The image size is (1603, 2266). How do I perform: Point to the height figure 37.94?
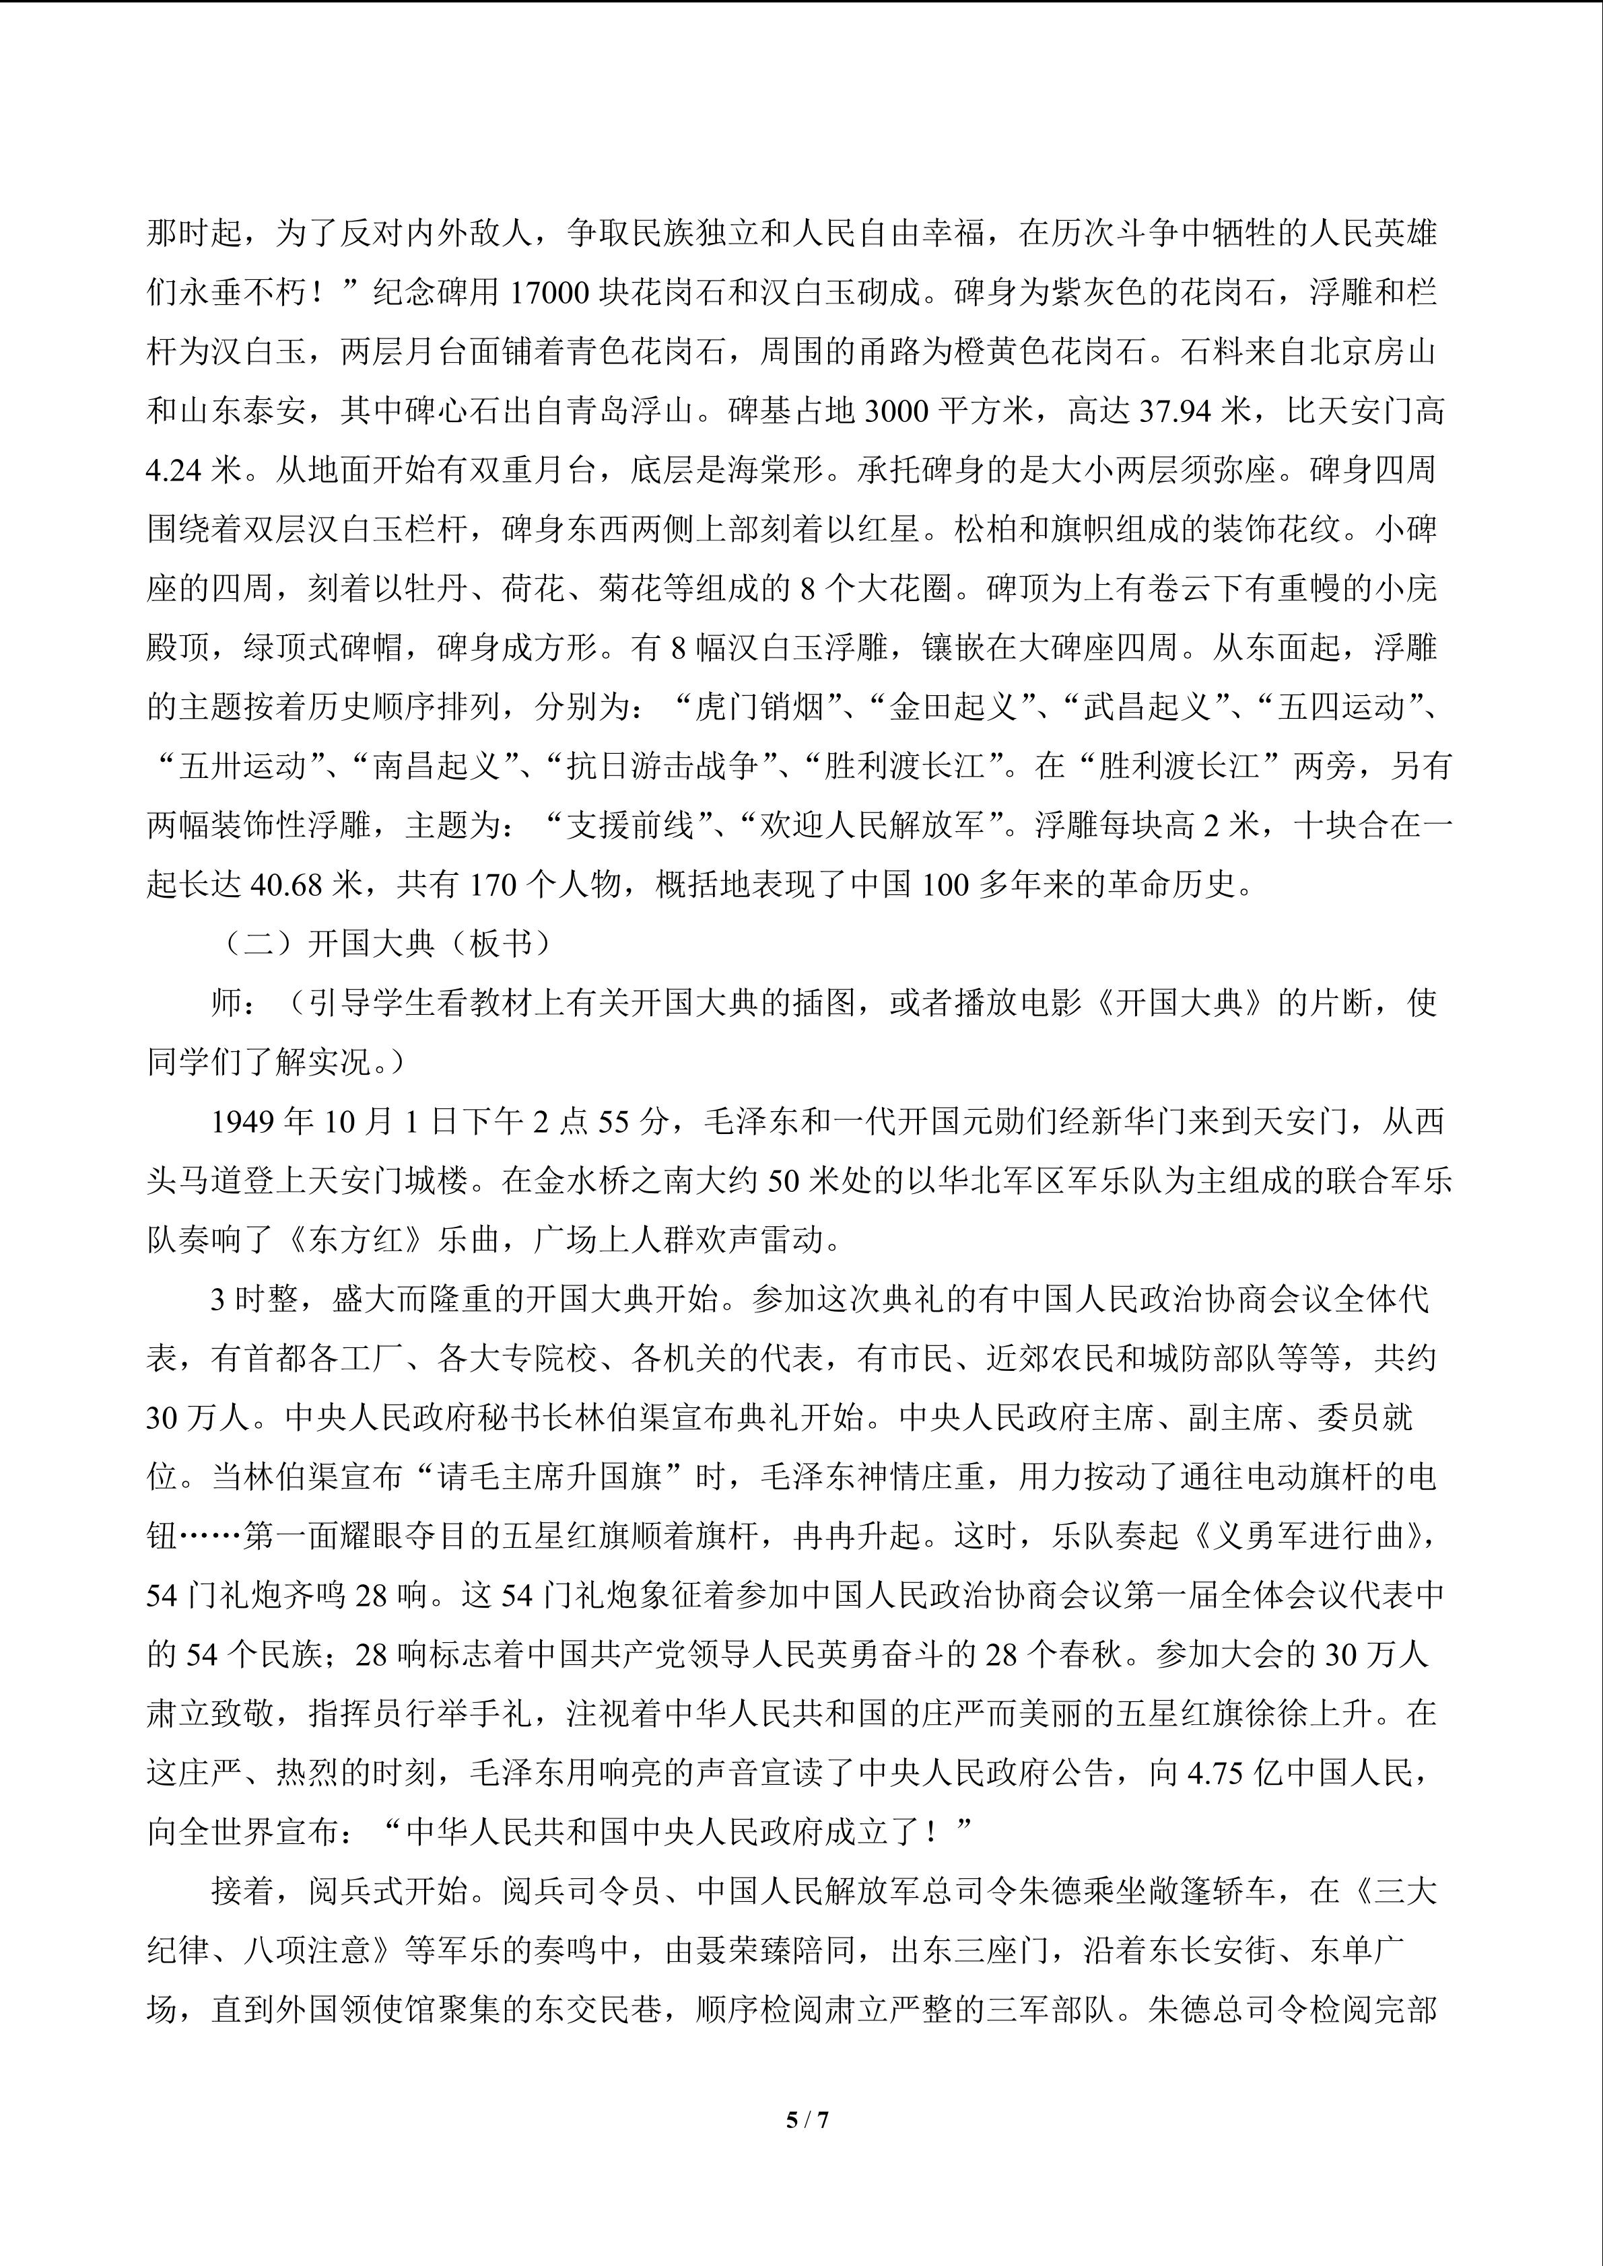(1175, 411)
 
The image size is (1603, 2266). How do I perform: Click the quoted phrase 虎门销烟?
(758, 707)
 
